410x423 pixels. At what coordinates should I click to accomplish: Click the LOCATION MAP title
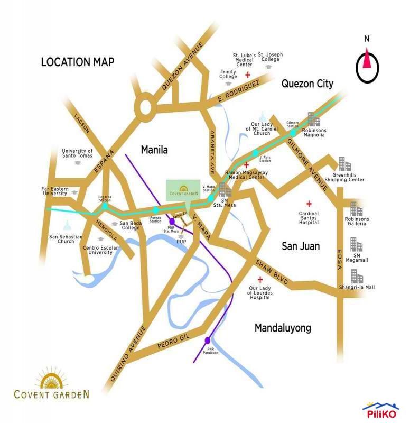[78, 62]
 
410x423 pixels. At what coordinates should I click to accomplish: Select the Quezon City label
[307, 84]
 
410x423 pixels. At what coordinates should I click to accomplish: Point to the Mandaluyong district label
[283, 328]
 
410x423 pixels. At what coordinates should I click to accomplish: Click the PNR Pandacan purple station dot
[208, 340]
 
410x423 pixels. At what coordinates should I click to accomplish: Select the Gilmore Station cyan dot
[293, 133]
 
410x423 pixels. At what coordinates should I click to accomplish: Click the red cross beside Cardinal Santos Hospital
[309, 203]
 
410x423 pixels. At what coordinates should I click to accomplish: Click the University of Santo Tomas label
[77, 153]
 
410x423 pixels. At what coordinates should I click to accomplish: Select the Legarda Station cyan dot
[105, 206]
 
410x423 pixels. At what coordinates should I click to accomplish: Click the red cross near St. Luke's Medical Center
[247, 76]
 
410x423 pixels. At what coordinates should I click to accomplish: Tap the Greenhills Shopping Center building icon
[344, 163]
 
